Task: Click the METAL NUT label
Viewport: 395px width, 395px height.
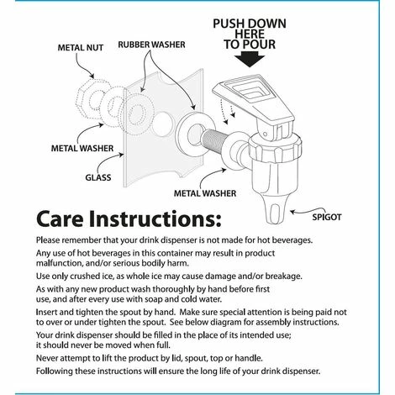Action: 81,48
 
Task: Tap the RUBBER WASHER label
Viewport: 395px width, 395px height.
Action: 151,45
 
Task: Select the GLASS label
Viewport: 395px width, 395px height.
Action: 98,177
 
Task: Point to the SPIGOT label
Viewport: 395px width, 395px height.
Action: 327,217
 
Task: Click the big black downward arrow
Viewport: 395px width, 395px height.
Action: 250,61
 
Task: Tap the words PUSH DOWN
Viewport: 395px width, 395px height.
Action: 250,24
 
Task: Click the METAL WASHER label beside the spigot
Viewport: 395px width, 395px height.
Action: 205,193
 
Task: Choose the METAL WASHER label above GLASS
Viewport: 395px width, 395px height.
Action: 82,148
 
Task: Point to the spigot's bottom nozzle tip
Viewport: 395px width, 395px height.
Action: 274,220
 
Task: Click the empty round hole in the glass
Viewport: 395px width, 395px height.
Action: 161,124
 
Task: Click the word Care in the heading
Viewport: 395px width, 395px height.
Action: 60,219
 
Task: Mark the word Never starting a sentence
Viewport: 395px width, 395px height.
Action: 47,358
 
